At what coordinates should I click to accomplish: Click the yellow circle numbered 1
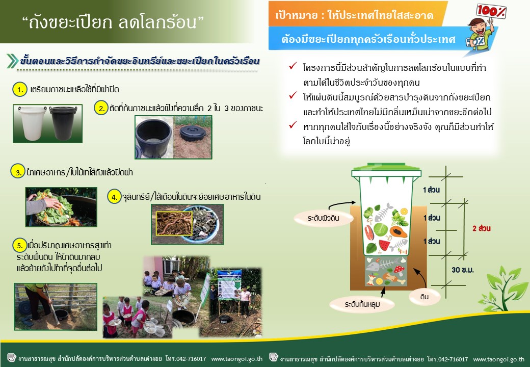pyautogui.click(x=19, y=90)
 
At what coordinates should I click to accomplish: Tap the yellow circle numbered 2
pyautogui.click(x=101, y=108)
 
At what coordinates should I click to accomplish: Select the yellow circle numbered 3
pyautogui.click(x=18, y=172)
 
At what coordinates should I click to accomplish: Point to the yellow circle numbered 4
pyautogui.click(x=114, y=196)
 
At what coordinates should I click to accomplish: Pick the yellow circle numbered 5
pyautogui.click(x=19, y=245)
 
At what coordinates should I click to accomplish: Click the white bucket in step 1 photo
pyautogui.click(x=32, y=123)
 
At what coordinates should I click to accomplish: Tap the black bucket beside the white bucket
pyautogui.click(x=63, y=123)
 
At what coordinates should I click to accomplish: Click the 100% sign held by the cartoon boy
pyautogui.click(x=491, y=11)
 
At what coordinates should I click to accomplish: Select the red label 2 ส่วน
pyautogui.click(x=481, y=228)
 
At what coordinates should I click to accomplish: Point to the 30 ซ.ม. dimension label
pyautogui.click(x=463, y=270)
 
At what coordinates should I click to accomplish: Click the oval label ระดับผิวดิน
pyautogui.click(x=324, y=218)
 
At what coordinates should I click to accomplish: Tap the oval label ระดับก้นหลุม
pyautogui.click(x=362, y=304)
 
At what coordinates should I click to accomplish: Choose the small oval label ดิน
pyautogui.click(x=425, y=297)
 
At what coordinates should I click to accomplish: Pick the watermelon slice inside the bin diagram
pyautogui.click(x=384, y=244)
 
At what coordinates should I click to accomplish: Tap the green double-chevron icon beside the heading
pyautogui.click(x=12, y=61)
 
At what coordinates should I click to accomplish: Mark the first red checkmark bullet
pyautogui.click(x=293, y=66)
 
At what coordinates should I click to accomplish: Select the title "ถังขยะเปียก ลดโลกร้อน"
pyautogui.click(x=113, y=22)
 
